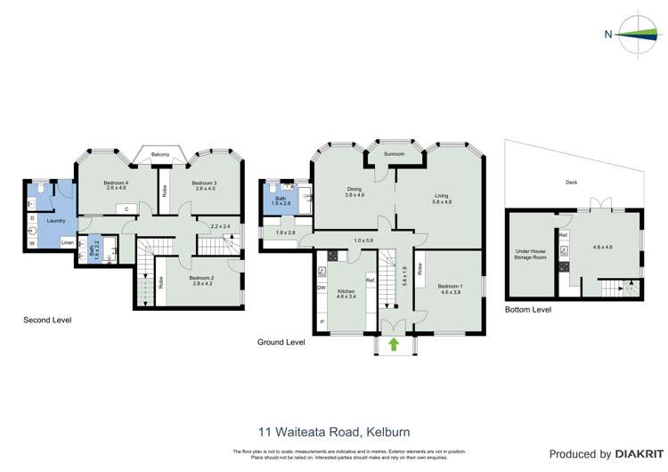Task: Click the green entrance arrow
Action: click(394, 343)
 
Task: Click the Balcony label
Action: click(160, 155)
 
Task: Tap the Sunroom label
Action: click(395, 154)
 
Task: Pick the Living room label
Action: click(442, 198)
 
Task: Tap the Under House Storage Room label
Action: click(530, 255)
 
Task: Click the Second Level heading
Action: click(48, 320)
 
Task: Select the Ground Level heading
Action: click(281, 342)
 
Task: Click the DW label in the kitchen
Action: click(321, 287)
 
